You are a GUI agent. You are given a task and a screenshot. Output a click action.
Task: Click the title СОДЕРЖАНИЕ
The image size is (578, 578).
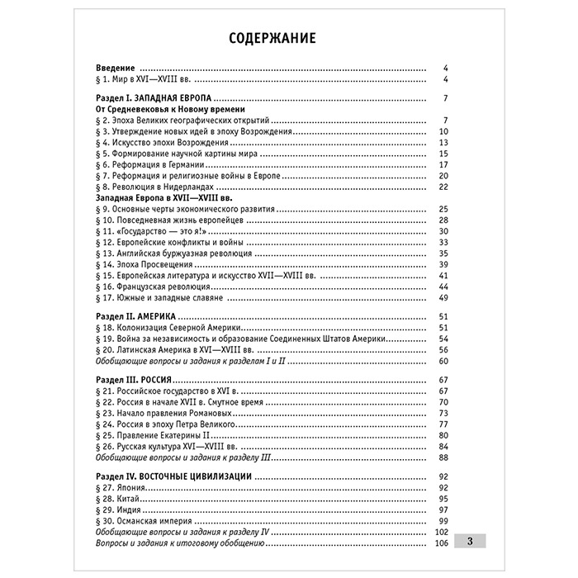pyautogui.click(x=270, y=39)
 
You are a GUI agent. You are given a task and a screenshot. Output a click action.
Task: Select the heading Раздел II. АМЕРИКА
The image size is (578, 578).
pyautogui.click(x=135, y=317)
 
